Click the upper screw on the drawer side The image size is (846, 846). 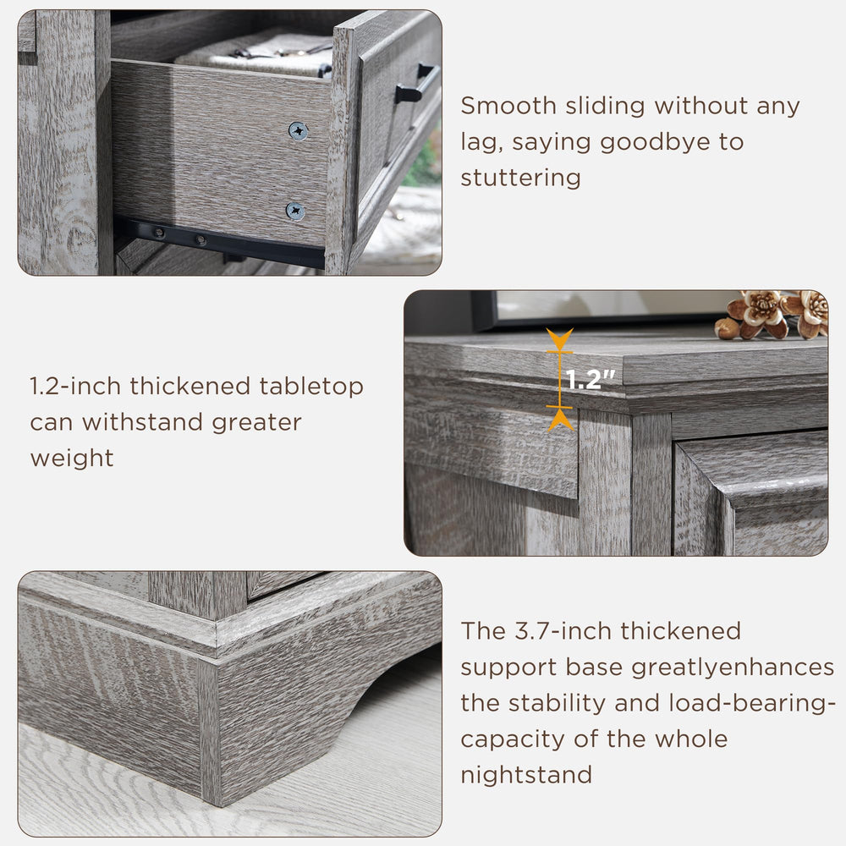pyautogui.click(x=298, y=130)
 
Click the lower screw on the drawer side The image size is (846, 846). pyautogui.click(x=295, y=211)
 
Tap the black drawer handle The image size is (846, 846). pyautogui.click(x=416, y=85)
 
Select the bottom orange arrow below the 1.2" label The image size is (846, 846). pyautogui.click(x=559, y=417)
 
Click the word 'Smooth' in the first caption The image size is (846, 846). pyautogui.click(x=509, y=107)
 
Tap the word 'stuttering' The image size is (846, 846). pyautogui.click(x=520, y=179)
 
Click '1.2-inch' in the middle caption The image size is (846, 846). pyautogui.click(x=76, y=387)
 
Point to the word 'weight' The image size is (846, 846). pyautogui.click(x=72, y=459)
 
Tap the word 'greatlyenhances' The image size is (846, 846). pyautogui.click(x=733, y=667)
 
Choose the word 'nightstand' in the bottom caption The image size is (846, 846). pyautogui.click(x=525, y=775)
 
